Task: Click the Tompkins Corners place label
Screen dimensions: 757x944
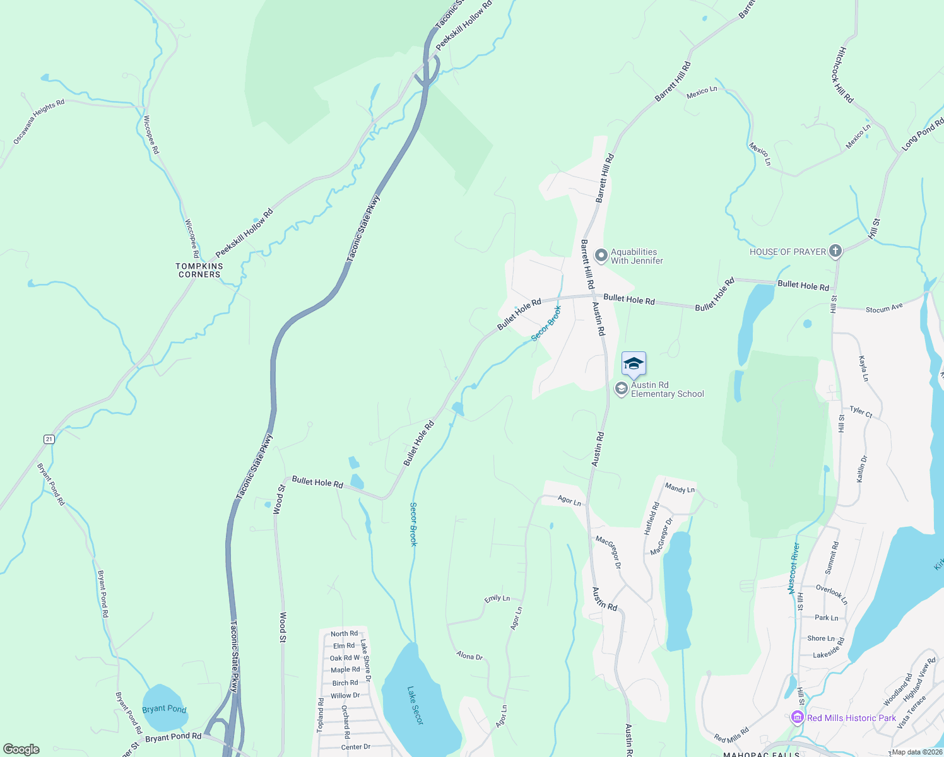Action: click(199, 270)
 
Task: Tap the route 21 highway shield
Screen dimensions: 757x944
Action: click(49, 439)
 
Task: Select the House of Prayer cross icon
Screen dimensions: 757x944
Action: click(835, 251)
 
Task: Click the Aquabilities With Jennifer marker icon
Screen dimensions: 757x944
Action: click(601, 255)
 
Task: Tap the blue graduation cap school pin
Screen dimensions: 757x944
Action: click(634, 364)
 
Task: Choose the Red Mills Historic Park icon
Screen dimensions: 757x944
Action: click(797, 717)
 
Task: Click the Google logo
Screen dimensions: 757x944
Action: click(21, 749)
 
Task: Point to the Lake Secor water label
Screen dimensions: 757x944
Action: click(415, 705)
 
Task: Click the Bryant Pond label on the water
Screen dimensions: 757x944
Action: click(164, 708)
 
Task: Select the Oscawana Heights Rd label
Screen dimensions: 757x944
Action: click(39, 121)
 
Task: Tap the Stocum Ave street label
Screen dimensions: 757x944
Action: click(884, 308)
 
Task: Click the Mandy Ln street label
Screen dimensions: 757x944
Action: click(680, 488)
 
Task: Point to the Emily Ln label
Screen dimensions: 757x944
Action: click(497, 598)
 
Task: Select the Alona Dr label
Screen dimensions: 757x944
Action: click(469, 656)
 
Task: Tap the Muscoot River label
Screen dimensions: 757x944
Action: click(794, 568)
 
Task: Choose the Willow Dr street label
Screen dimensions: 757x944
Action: click(345, 695)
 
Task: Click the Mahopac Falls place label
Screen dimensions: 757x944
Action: click(761, 754)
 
